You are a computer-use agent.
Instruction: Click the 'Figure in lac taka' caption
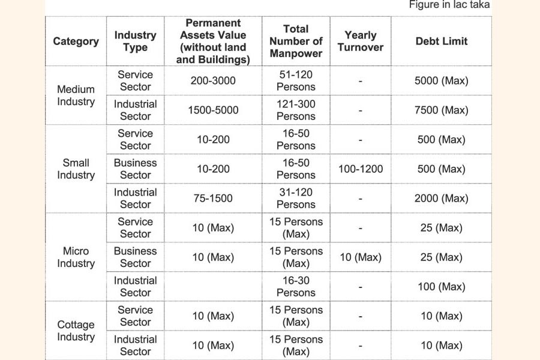(x=449, y=5)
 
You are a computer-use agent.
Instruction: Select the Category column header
(x=76, y=41)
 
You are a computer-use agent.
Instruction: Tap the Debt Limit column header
(x=441, y=41)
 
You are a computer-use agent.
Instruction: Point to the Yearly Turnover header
(x=360, y=41)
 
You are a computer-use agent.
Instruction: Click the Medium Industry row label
(x=76, y=95)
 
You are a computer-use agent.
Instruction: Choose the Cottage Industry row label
(x=76, y=331)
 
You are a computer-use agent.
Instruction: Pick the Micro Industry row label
(x=76, y=257)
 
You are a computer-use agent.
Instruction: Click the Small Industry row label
(x=76, y=169)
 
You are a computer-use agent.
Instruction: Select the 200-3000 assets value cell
(x=213, y=81)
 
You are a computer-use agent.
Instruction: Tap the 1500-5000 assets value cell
(x=213, y=110)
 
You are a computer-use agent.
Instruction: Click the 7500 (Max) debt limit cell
(x=441, y=110)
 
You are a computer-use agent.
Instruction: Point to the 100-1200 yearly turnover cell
(x=360, y=169)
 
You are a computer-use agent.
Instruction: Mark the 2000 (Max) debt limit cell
(x=441, y=199)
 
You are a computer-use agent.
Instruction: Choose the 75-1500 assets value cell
(x=213, y=199)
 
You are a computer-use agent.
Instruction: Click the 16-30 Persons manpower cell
(x=296, y=287)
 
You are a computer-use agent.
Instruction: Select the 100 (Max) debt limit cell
(x=441, y=287)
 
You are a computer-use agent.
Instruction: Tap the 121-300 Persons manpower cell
(x=296, y=110)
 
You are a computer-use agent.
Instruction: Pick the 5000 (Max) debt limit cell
(x=441, y=81)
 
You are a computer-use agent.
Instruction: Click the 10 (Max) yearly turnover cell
(x=360, y=257)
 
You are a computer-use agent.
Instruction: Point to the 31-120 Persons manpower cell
(x=296, y=199)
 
